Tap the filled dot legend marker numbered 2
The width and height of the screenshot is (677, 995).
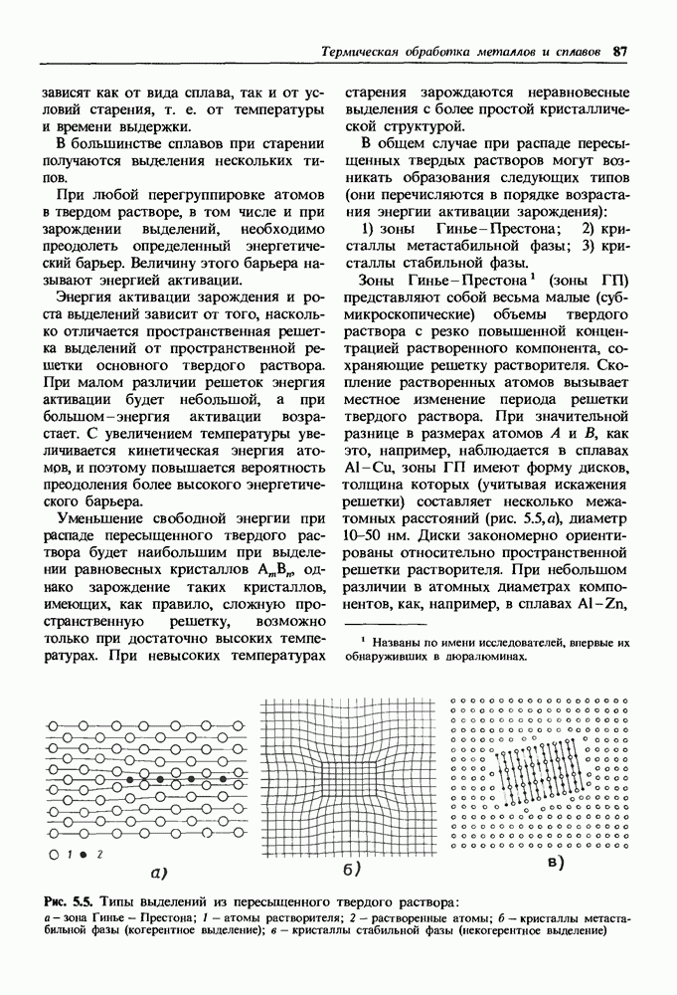point(83,854)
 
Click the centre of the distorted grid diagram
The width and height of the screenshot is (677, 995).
point(350,772)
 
